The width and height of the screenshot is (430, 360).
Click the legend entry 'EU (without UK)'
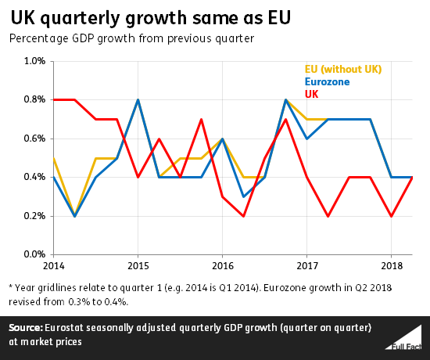(343, 70)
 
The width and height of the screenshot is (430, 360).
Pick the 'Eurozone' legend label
(328, 81)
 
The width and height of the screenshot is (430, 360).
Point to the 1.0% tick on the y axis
(32, 61)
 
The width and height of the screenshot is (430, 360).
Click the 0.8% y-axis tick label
(32, 99)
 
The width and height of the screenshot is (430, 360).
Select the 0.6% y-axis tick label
(32, 139)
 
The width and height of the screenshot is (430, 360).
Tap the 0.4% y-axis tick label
(32, 177)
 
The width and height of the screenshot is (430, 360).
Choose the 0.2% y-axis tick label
(32, 216)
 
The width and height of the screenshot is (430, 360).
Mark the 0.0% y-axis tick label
(32, 254)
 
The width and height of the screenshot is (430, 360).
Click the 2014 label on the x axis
(53, 265)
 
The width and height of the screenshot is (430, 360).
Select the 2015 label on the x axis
(138, 265)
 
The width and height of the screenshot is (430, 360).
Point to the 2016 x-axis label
(222, 265)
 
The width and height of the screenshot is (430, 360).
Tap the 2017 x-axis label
(306, 265)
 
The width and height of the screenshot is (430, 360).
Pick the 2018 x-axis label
(391, 265)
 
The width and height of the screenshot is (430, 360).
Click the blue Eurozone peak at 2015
(138, 100)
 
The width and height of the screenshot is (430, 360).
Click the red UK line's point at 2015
(138, 177)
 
